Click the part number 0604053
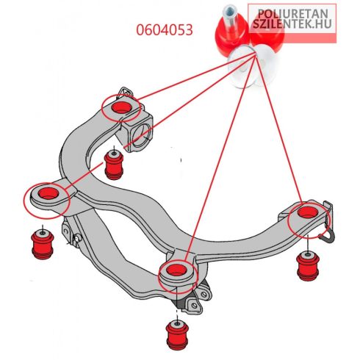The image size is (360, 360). [165, 30]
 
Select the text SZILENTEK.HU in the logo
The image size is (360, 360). [292, 24]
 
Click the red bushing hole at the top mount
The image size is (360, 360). [120, 107]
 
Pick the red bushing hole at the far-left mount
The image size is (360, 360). [48, 193]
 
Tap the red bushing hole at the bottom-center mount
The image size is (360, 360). [176, 270]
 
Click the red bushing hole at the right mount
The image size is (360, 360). [307, 212]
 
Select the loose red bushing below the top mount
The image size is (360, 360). [114, 165]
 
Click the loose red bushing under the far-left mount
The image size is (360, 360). [43, 244]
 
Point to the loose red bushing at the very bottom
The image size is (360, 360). [177, 335]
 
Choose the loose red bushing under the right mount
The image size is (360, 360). [308, 266]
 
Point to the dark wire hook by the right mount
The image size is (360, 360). [328, 236]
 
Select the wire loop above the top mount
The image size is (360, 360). [126, 93]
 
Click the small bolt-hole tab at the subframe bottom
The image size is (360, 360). [193, 304]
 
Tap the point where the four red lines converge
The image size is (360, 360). [255, 54]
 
